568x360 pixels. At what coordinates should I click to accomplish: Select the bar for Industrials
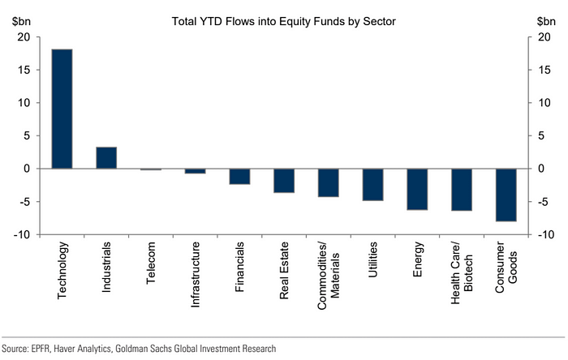tap(106, 157)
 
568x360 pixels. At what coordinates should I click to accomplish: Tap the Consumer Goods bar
tap(506, 195)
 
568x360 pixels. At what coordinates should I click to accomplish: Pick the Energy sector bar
tap(417, 189)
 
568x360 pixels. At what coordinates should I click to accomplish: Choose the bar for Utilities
tap(372, 184)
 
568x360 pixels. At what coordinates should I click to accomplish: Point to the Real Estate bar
tap(284, 180)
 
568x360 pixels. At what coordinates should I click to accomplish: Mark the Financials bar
tap(239, 176)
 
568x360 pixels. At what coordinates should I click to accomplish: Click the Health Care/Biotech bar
tap(461, 190)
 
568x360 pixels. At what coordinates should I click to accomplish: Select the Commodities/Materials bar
tap(328, 182)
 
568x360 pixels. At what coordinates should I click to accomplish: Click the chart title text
tap(283, 20)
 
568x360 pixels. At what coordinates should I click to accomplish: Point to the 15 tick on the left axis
tap(24, 71)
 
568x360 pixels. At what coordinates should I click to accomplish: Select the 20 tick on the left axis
tap(24, 37)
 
